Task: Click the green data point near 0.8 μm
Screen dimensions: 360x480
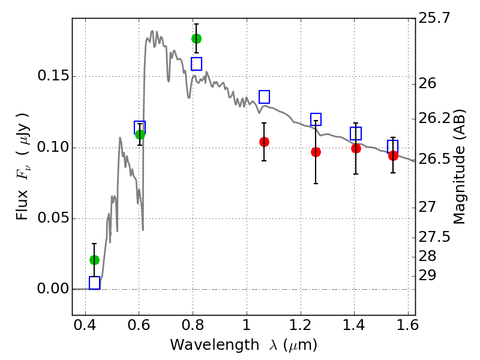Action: coord(196,38)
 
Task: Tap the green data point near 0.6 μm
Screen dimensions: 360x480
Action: coord(140,134)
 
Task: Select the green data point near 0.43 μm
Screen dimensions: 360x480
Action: coord(94,260)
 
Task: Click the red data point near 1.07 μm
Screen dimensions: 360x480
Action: coord(264,142)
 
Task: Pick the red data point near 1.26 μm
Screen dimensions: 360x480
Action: coord(316,152)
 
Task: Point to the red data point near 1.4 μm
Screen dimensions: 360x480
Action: coord(356,148)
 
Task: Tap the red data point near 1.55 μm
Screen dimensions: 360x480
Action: coord(393,155)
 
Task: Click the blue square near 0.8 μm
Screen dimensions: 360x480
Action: coord(196,64)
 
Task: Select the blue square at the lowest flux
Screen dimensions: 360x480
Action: coord(94,283)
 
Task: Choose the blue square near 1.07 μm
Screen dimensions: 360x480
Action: coord(264,97)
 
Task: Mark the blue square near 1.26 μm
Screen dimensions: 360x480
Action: coord(316,119)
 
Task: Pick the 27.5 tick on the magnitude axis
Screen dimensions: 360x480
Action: coord(434,237)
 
